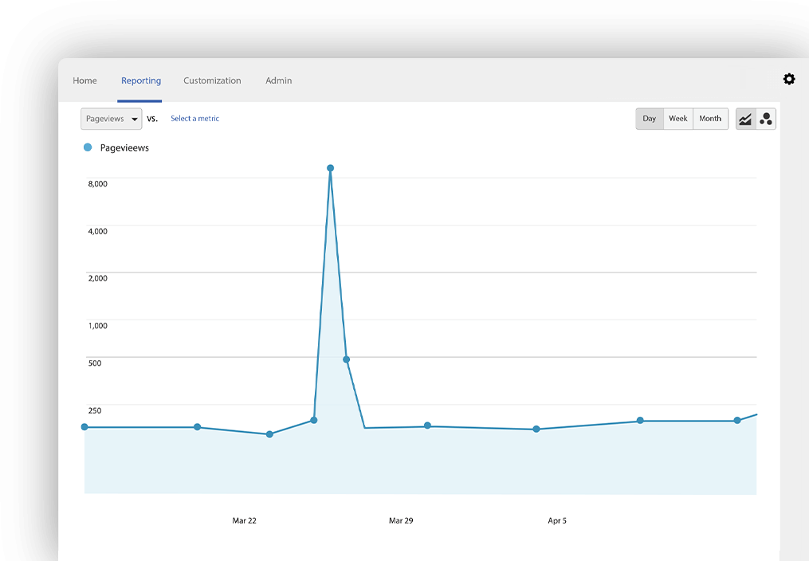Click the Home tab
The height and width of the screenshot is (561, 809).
pos(84,80)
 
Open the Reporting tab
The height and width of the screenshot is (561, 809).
pos(141,80)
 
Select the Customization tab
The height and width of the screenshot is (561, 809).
pos(212,80)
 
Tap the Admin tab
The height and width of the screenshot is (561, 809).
pos(279,80)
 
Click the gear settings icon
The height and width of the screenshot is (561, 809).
pos(789,79)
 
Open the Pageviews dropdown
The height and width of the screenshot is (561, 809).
pos(112,119)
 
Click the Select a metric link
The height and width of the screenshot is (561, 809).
pos(194,119)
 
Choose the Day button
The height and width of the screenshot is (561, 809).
pos(650,119)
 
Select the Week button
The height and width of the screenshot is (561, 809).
pos(678,119)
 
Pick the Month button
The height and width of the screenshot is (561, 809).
pos(710,119)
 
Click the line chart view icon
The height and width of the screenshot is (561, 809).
pos(745,119)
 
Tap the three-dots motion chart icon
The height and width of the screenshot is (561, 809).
pos(766,119)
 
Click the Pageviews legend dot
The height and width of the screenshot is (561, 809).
pos(88,147)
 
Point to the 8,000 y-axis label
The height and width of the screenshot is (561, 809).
pos(97,184)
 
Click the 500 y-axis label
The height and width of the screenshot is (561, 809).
pos(95,363)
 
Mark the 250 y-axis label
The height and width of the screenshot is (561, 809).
pos(95,410)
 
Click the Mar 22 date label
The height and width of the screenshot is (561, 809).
pos(245,521)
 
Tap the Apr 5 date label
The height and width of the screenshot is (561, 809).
pos(557,521)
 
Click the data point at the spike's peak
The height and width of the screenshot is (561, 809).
pos(330,168)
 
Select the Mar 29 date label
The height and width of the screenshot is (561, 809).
pos(401,521)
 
